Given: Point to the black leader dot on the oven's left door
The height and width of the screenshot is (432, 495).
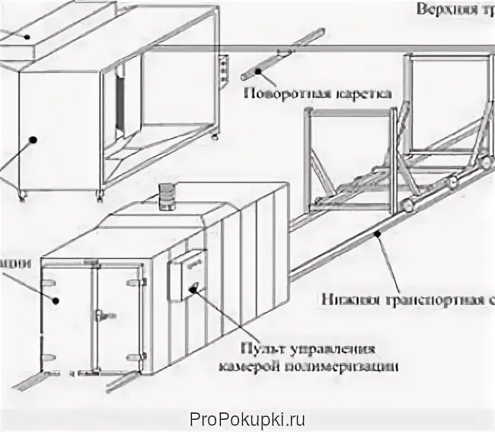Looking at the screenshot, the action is [x=56, y=299].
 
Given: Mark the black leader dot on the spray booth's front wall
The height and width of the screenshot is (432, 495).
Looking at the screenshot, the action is [x=34, y=138].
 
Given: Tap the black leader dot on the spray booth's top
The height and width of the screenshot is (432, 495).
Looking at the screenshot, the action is [x=26, y=35].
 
